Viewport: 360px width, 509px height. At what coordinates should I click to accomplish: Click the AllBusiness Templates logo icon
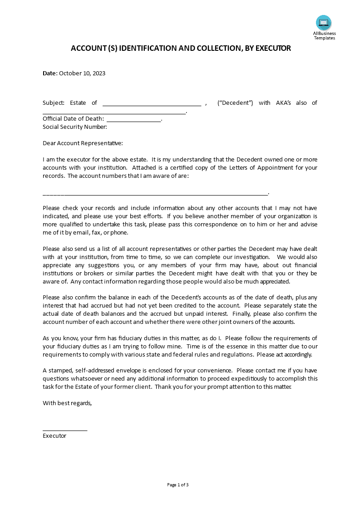coord(324,23)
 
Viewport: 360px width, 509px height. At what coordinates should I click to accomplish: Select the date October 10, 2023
coord(82,73)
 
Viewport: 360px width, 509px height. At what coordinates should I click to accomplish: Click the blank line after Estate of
coord(152,103)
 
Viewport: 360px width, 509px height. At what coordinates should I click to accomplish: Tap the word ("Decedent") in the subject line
coord(235,103)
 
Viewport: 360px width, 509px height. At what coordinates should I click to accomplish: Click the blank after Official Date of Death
coord(134,119)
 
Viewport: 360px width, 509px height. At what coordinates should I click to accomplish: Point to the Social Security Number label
coord(75,127)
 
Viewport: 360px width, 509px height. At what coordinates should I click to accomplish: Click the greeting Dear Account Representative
coord(83,143)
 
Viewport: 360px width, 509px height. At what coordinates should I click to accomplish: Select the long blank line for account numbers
coord(155,193)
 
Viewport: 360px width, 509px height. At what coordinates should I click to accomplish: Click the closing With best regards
coord(67,403)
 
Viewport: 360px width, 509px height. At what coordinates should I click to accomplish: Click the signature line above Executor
coord(65,429)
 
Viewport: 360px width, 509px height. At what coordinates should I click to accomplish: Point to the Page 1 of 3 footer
coord(178,485)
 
